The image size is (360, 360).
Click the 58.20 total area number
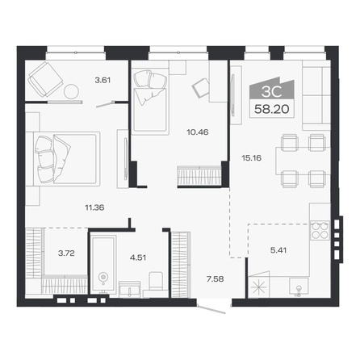pos(272,109)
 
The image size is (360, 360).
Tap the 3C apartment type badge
pos(272,91)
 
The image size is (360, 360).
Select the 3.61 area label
pos(103,80)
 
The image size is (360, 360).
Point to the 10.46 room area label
pos(198,132)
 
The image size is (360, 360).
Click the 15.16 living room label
pos(252,157)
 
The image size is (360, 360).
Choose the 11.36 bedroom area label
pos(94,207)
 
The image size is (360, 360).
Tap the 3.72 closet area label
pos(66,253)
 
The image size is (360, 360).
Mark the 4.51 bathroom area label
pos(138,257)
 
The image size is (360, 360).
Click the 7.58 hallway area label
pos(216,279)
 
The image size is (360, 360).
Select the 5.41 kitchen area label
pos(278,250)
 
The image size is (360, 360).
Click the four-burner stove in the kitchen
pos(320,230)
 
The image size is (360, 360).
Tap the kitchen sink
pos(299,287)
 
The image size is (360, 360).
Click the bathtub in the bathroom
pos(103,264)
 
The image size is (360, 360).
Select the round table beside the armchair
pos(71,92)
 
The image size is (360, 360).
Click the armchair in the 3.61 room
pos(45,79)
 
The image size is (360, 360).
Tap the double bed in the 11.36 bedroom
pos(67,159)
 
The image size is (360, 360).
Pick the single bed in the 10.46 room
pos(150,101)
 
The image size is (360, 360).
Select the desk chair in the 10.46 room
pos(200,87)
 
